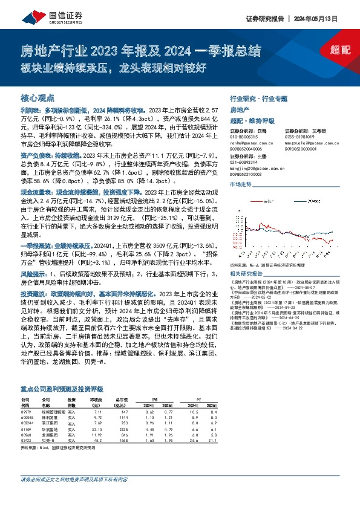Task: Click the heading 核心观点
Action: (38, 97)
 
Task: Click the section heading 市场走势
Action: (240, 184)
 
